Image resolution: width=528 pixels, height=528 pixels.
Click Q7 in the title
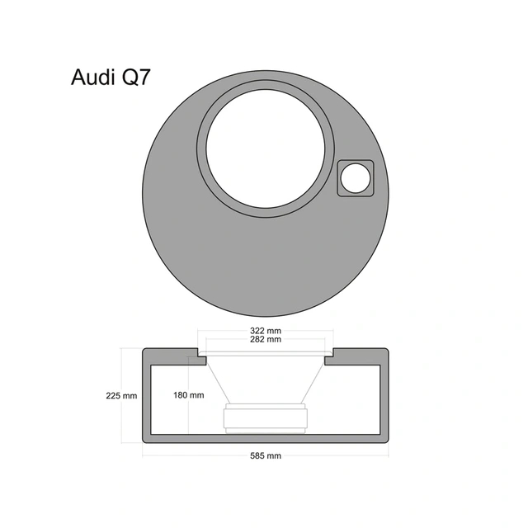(132, 78)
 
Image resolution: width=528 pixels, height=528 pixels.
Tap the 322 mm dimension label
(265, 330)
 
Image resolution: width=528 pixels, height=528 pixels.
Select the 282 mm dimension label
(265, 339)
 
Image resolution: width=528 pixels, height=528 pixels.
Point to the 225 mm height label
(121, 395)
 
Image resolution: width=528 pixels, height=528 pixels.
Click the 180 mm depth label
(189, 395)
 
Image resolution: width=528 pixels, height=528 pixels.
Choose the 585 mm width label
(265, 455)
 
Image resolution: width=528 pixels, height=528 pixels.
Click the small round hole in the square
(356, 177)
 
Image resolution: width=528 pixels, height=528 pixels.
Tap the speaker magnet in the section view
(265, 418)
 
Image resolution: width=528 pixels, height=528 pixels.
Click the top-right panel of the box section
(359, 352)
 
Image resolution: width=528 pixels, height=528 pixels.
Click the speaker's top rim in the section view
(265, 355)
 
